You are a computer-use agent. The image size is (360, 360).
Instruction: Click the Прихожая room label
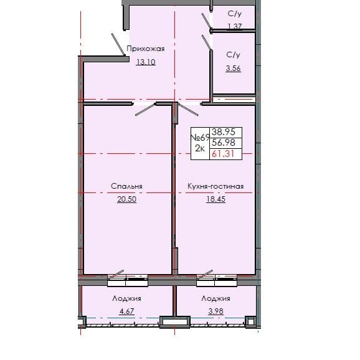pyautogui.click(x=145, y=49)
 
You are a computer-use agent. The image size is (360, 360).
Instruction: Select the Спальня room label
pyautogui.click(x=127, y=186)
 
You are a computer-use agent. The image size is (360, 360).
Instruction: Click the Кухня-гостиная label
pyautogui.click(x=215, y=186)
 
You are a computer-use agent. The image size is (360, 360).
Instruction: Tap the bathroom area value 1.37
pyautogui.click(x=234, y=26)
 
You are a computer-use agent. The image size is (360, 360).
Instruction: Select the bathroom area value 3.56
pyautogui.click(x=234, y=69)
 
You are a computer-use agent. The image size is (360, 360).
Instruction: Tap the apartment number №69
pyautogui.click(x=199, y=137)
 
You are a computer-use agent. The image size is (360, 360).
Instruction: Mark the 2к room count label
pyautogui.click(x=200, y=149)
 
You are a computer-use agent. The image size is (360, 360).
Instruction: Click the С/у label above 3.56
pyautogui.click(x=234, y=55)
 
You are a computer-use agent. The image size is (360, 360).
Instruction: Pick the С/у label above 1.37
pyautogui.click(x=234, y=12)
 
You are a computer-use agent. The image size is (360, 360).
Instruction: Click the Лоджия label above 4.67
pyautogui.click(x=126, y=299)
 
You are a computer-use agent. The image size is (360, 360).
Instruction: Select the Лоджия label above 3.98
pyautogui.click(x=212, y=299)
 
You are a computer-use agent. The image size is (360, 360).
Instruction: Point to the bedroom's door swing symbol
pyautogui.click(x=144, y=109)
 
